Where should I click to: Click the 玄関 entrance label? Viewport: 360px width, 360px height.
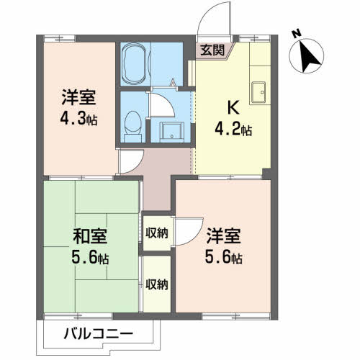tap(212, 50)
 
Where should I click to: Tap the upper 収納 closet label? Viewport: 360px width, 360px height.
tap(156, 232)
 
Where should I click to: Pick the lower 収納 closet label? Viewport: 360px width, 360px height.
tap(156, 284)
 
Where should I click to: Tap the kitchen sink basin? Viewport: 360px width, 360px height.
tap(258, 91)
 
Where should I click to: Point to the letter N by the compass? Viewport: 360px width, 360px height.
tap(295, 32)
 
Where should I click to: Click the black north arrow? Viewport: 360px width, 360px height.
tap(310, 55)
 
